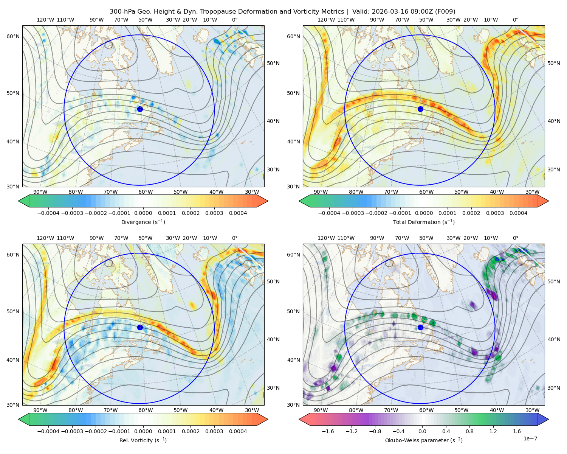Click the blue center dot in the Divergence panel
click(x=140, y=109)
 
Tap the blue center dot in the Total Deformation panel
click(x=420, y=109)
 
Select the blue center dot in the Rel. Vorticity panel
click(x=140, y=327)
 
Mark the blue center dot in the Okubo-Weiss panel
click(x=420, y=327)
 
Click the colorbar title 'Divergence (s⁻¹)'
click(x=143, y=222)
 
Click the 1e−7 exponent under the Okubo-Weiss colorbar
click(x=530, y=439)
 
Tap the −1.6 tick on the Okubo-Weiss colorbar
click(x=328, y=431)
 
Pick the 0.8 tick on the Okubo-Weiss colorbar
click(x=469, y=431)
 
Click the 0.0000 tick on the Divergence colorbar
click(x=143, y=213)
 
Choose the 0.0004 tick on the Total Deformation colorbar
click(x=518, y=213)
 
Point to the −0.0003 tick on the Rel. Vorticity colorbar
click(x=72, y=431)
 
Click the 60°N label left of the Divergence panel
click(x=13, y=36)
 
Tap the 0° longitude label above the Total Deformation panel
click(x=515, y=20)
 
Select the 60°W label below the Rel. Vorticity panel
click(x=146, y=410)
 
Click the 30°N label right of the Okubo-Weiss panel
click(x=553, y=388)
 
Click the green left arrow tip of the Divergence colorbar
click(x=19, y=201)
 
